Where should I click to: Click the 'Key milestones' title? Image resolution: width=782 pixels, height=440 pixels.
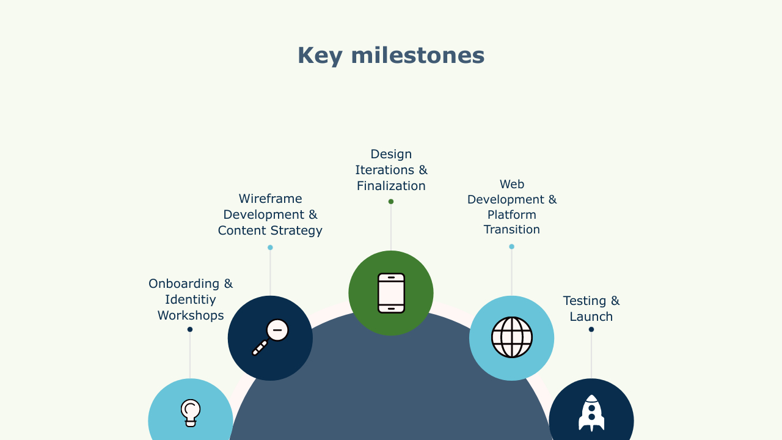(x=391, y=56)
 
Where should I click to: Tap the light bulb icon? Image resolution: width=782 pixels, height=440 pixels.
(x=191, y=413)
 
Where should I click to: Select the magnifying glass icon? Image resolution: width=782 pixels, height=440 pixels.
(x=270, y=337)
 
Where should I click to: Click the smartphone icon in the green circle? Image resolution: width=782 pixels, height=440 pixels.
(x=392, y=293)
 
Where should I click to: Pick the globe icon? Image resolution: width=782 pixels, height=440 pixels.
(x=512, y=337)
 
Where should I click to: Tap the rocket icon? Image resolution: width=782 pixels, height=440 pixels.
(x=591, y=413)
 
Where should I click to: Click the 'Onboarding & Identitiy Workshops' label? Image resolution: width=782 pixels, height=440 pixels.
(x=191, y=299)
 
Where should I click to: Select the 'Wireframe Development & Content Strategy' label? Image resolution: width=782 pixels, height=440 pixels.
(x=270, y=215)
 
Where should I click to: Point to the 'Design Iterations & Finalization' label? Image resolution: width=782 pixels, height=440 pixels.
(x=391, y=170)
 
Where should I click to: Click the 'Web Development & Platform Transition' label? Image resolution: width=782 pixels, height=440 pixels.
(x=512, y=207)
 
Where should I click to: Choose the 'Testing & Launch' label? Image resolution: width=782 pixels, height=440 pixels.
(x=591, y=309)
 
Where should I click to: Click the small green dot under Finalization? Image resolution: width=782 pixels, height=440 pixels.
(x=391, y=202)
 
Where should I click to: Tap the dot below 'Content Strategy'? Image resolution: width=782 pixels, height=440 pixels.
(x=270, y=248)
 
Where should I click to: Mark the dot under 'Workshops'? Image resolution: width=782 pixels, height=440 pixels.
(x=190, y=329)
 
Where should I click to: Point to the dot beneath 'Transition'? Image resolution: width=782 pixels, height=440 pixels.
(x=512, y=246)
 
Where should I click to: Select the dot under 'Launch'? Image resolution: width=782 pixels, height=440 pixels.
(x=591, y=329)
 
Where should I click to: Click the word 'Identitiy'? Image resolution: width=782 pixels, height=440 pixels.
(x=191, y=299)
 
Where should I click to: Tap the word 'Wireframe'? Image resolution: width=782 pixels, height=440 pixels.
(x=270, y=199)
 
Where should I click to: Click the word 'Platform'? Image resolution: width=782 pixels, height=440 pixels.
(x=512, y=215)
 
